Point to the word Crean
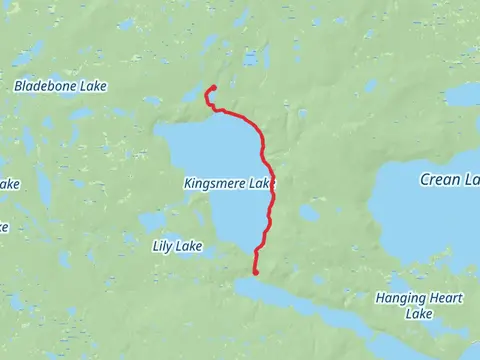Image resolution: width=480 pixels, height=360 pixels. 439,180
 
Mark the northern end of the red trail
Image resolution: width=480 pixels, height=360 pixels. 212,89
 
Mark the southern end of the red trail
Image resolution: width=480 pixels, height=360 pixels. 256,271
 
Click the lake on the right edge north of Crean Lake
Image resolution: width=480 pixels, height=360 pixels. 463,95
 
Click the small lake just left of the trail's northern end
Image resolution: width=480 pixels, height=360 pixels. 191,96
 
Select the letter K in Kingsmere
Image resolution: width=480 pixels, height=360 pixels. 188,184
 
